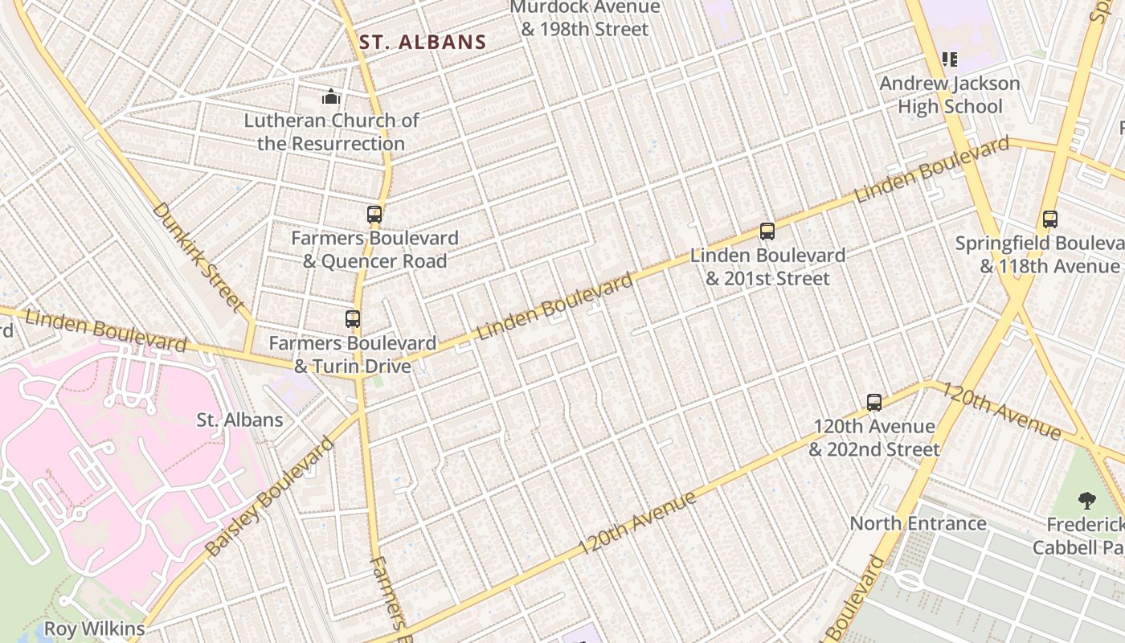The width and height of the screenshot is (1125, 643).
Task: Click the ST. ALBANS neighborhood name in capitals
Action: coord(423,43)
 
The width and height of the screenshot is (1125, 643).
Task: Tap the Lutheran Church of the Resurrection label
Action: coord(331,132)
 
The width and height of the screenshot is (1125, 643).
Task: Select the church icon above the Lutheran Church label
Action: coord(331,97)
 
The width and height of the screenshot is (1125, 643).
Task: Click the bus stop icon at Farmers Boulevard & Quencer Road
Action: coord(374,215)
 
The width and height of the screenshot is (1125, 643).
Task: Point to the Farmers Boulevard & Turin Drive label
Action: coord(352,354)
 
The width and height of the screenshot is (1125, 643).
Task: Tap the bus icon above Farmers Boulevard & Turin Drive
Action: coord(353,319)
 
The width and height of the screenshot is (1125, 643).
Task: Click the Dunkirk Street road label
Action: coord(197,256)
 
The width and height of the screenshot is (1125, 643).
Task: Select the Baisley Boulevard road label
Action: coord(269,497)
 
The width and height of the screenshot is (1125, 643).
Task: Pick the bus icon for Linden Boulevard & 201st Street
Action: coord(767,231)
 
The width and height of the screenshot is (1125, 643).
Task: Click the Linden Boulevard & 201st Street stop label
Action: coord(767,267)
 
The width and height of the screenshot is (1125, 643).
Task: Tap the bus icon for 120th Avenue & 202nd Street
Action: coord(874,403)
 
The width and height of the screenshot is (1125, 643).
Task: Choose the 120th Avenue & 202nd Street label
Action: coord(874,437)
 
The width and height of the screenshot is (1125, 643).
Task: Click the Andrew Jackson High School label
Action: coord(950,95)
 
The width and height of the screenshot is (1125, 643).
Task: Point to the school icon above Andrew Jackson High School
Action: coord(950,59)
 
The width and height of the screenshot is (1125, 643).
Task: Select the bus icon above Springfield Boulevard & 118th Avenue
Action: coord(1049,219)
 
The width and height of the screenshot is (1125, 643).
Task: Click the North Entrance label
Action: coord(918,523)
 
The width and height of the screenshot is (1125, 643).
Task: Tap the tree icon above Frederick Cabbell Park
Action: coord(1087,502)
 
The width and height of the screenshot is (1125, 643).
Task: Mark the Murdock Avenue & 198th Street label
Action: coord(584,18)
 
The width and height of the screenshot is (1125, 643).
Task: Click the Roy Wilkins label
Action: coord(94,629)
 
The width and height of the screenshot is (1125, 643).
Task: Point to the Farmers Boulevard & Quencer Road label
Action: coord(374,249)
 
